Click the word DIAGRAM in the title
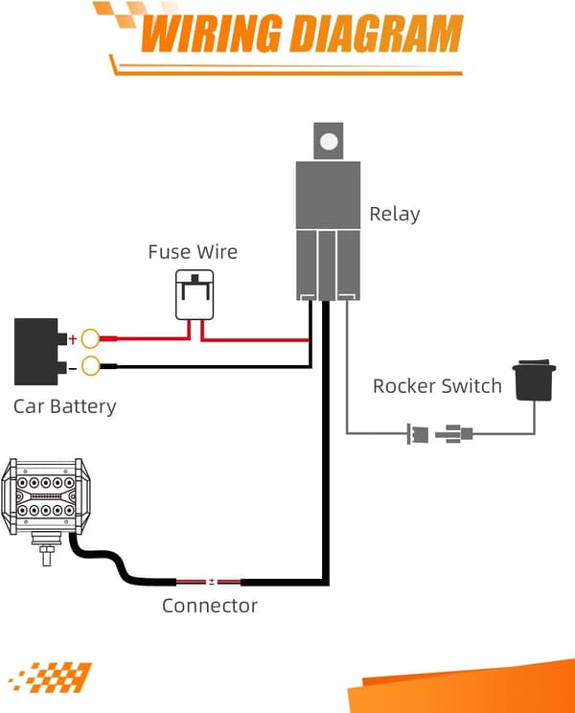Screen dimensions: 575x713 point(377,34)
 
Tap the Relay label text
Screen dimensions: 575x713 point(395,214)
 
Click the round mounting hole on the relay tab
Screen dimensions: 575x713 point(329,142)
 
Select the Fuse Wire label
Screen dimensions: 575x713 point(193,252)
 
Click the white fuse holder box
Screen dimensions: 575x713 point(195,295)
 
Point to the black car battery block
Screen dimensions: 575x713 point(37,352)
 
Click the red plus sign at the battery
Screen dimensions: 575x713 point(72,339)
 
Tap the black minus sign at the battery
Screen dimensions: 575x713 point(72,368)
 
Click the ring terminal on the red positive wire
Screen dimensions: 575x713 point(90,338)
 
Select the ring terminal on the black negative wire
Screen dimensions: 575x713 point(90,365)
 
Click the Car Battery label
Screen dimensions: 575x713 point(65,406)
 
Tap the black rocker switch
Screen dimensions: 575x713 point(534,380)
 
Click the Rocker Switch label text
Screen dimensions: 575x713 point(437,386)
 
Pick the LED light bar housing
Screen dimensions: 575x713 point(44,496)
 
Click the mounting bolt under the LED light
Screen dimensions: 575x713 point(47,550)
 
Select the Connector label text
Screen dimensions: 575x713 point(210,606)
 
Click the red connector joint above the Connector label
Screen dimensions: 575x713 point(209,581)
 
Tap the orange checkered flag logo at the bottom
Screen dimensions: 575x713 point(51,678)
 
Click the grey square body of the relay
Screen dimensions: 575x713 point(328,195)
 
